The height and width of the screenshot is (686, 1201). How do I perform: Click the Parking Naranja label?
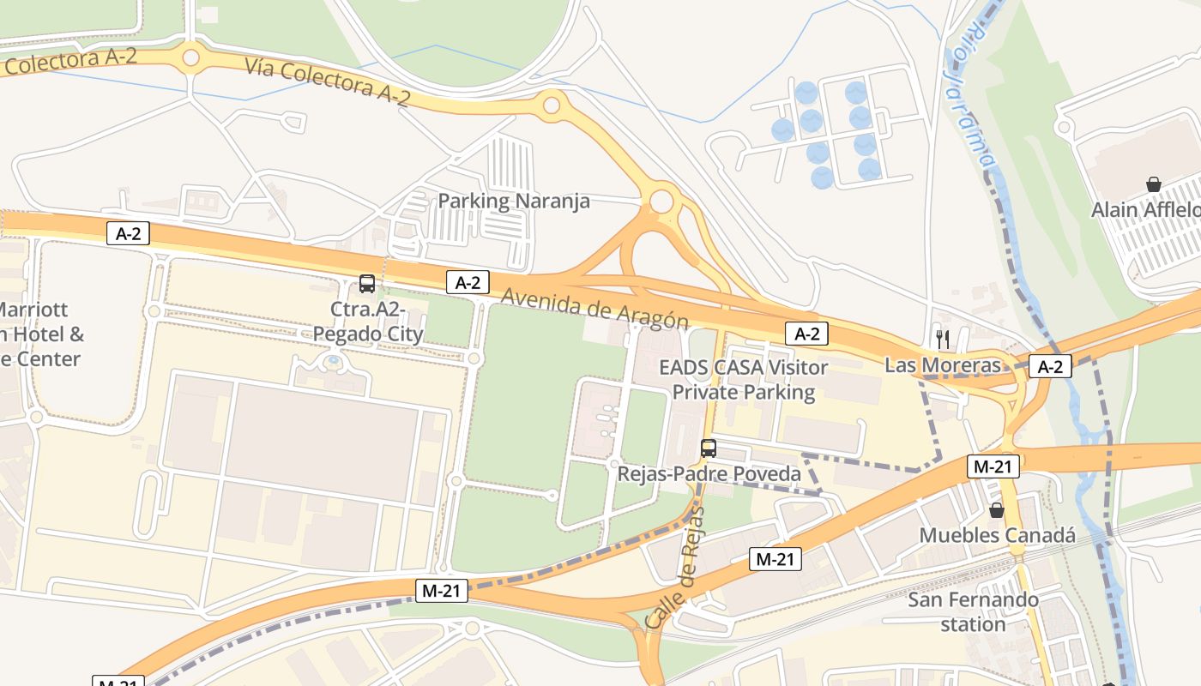click(514, 202)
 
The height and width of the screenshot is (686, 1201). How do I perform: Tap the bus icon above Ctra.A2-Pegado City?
click(367, 284)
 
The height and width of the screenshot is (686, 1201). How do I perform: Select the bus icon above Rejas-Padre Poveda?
click(709, 448)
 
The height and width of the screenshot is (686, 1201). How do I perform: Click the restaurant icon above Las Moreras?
click(943, 339)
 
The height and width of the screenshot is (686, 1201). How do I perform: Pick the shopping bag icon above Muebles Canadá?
click(997, 510)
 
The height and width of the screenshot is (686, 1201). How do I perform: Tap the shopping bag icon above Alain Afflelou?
click(1154, 184)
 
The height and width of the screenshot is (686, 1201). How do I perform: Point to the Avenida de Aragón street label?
click(594, 308)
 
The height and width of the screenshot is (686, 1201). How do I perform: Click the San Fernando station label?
click(973, 611)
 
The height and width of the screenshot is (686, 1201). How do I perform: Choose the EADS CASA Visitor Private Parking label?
click(743, 380)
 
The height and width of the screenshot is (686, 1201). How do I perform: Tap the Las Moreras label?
click(943, 365)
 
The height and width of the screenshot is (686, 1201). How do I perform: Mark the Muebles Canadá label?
click(997, 535)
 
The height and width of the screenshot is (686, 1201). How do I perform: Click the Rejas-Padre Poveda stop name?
click(709, 473)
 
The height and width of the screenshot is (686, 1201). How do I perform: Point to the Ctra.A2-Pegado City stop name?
click(367, 322)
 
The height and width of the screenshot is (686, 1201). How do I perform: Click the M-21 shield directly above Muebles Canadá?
click(993, 466)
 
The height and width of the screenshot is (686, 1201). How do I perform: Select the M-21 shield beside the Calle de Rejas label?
click(775, 559)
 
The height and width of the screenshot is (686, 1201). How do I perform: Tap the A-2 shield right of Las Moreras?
click(1050, 367)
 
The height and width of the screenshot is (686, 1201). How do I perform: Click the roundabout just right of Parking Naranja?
click(661, 202)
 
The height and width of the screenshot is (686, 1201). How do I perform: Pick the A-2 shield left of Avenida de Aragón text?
click(468, 282)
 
